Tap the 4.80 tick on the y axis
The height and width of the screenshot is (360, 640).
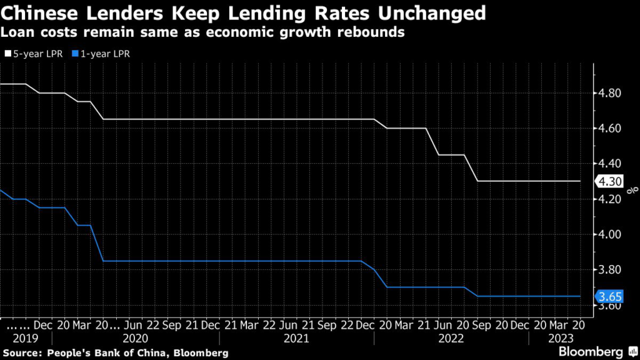[609, 93]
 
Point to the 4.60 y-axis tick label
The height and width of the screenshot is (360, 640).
[609, 128]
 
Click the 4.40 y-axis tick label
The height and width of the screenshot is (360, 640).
[609, 164]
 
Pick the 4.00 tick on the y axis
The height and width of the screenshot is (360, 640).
[609, 234]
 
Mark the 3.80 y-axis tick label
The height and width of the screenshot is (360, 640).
[609, 270]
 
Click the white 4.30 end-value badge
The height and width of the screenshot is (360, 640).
[607, 181]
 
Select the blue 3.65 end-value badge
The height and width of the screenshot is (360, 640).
[607, 297]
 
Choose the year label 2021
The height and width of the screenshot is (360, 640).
[296, 339]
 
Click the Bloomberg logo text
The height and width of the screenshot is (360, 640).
[589, 351]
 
